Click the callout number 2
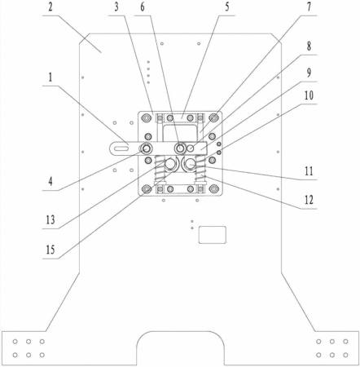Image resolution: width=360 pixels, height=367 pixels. pyautogui.click(x=50, y=7)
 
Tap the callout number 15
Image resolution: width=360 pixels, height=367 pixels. pyautogui.click(x=50, y=250)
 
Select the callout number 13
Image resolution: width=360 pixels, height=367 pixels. pyautogui.click(x=50, y=219)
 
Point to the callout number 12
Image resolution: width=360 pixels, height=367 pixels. pyautogui.click(x=309, y=200)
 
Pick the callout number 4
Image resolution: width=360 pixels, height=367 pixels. pyautogui.click(x=50, y=181)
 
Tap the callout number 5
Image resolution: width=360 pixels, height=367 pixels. pyautogui.click(x=227, y=7)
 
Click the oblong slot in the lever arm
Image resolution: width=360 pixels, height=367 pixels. pyautogui.click(x=121, y=148)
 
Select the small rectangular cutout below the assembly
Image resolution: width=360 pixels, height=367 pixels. pyautogui.click(x=213, y=235)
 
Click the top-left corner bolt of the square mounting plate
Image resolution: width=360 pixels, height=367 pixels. pyautogui.click(x=147, y=118)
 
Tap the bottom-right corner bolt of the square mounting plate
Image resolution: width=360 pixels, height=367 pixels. pyautogui.click(x=214, y=188)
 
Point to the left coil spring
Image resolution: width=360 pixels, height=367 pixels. pyautogui.click(x=160, y=169)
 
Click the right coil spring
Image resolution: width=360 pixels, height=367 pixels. pyautogui.click(x=201, y=169)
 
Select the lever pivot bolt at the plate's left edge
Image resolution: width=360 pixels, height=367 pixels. pyautogui.click(x=147, y=148)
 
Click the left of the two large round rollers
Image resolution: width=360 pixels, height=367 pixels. pyautogui.click(x=170, y=164)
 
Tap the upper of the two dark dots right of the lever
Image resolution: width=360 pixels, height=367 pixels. pyautogui.click(x=219, y=144)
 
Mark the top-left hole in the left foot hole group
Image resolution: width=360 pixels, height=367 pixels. pyautogui.click(x=15, y=342)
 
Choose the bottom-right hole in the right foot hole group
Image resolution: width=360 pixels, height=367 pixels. pyautogui.click(x=345, y=355)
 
